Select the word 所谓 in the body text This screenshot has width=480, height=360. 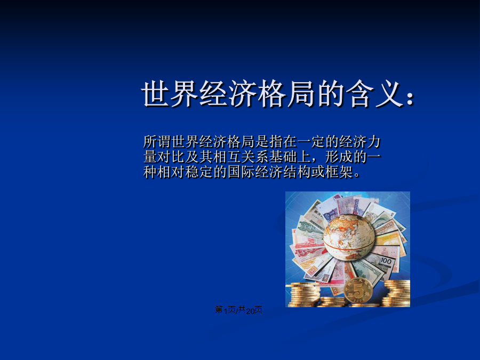click(157, 142)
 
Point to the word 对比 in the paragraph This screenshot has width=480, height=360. click(171, 157)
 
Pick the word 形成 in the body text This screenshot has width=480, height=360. click(338, 157)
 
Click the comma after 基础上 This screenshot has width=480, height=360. click(315, 161)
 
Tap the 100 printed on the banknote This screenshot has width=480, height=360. click(386, 261)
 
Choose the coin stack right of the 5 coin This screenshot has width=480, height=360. click(397, 293)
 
